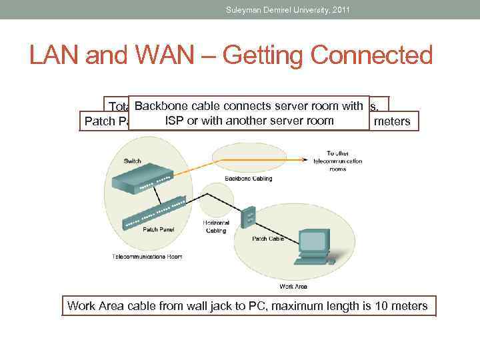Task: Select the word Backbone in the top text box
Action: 160,105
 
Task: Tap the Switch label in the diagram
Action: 133,161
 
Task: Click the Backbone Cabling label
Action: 248,179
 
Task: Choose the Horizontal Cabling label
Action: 215,227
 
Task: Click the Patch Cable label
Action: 267,237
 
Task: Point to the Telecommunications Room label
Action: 147,256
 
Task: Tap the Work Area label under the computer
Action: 293,286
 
